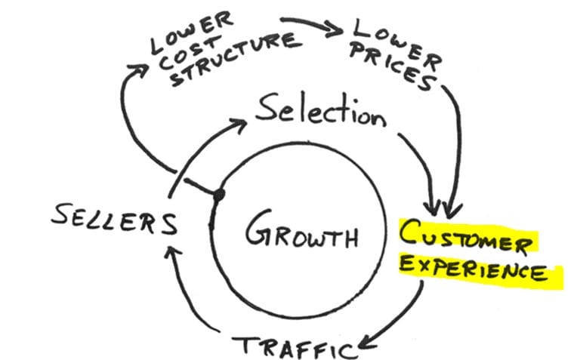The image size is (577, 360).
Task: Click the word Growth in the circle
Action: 301,232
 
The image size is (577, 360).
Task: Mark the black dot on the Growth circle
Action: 219,195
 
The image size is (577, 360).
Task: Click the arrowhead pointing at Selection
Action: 241,124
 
